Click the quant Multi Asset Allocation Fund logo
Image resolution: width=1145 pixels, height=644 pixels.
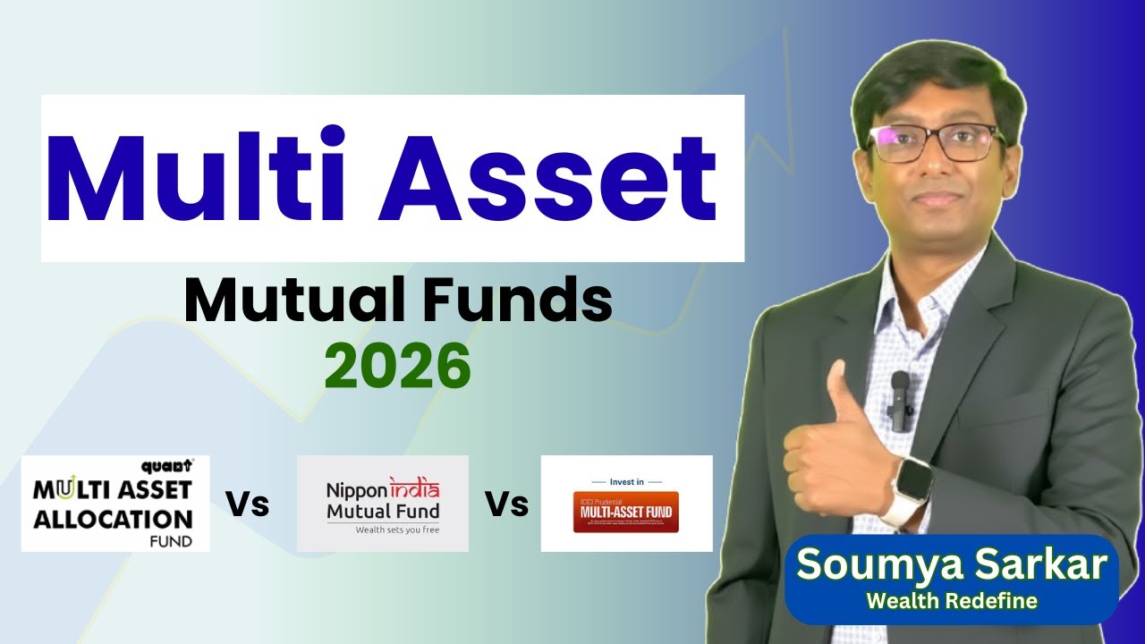click(x=115, y=503)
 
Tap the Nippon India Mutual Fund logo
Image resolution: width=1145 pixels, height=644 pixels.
click(x=383, y=503)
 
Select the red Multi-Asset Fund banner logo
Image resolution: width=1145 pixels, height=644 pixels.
click(x=626, y=512)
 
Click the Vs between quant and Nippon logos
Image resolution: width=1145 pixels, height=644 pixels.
click(x=247, y=504)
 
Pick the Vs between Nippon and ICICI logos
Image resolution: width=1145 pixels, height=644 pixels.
click(x=506, y=504)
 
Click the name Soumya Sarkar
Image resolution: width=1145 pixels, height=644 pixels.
click(x=952, y=566)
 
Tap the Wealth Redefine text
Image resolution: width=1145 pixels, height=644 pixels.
click(x=952, y=601)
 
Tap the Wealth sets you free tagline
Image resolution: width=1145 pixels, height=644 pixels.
click(x=383, y=530)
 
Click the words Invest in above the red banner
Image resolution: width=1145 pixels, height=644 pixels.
click(x=626, y=482)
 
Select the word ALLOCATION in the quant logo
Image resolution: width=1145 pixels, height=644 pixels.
click(x=113, y=519)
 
